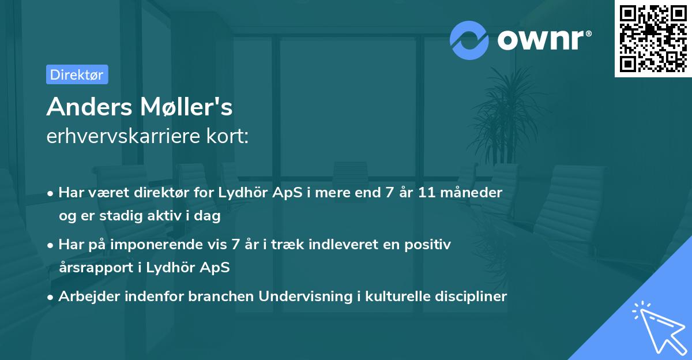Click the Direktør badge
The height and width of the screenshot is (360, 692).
coord(77,74)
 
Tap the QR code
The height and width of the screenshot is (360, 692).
coord(653,38)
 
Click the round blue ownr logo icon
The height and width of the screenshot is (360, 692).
coord(469,40)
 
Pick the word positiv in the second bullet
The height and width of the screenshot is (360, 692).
coord(430,244)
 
